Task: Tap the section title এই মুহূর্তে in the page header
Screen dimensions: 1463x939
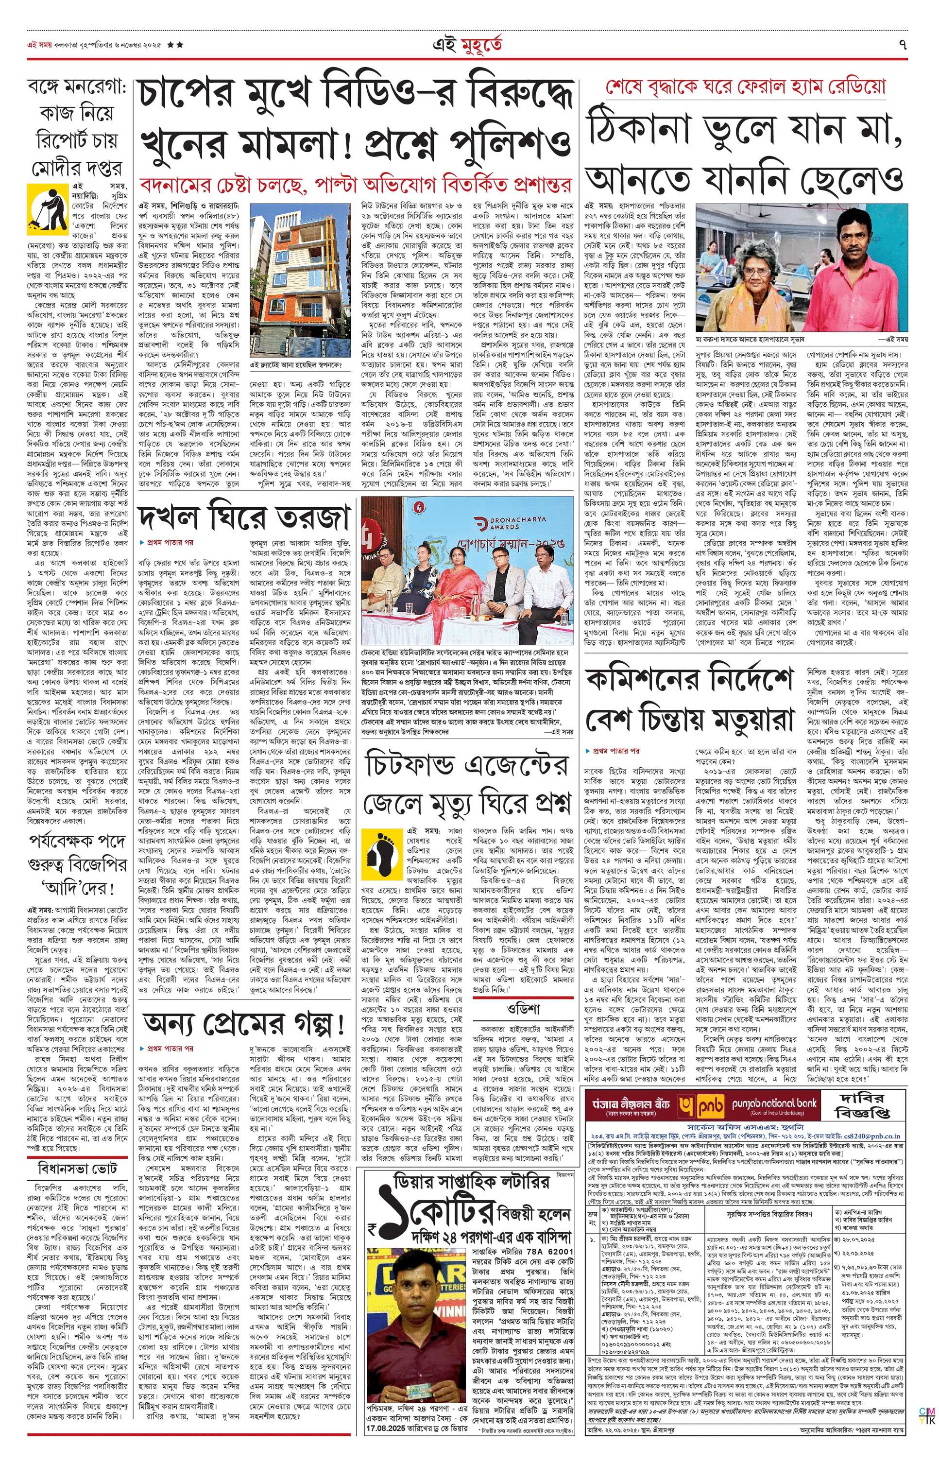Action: pos(468,45)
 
